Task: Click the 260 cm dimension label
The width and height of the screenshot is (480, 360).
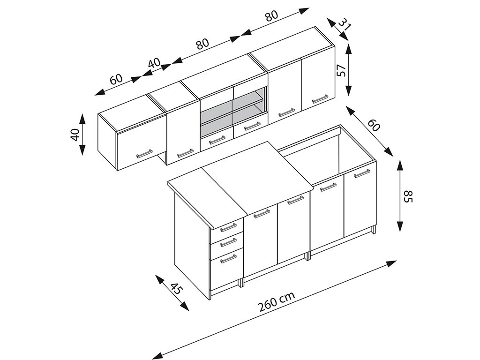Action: [276, 302]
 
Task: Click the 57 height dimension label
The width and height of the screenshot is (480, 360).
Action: [342, 70]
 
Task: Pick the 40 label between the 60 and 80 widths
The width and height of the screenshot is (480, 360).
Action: [154, 63]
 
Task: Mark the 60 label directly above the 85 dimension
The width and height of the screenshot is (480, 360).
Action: [374, 125]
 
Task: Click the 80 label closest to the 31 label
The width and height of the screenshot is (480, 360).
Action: [271, 15]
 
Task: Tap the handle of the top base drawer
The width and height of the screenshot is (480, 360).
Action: [228, 227]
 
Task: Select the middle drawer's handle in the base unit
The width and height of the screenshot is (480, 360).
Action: [228, 242]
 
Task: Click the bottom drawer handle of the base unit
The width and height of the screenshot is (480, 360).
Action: [228, 258]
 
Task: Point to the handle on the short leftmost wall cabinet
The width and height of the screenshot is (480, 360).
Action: [144, 154]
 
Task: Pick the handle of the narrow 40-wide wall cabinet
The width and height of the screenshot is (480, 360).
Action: [185, 153]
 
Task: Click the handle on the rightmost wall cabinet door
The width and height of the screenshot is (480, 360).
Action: [320, 99]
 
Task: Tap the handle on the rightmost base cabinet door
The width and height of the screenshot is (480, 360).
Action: [362, 173]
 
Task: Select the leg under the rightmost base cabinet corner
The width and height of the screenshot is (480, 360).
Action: [374, 231]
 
